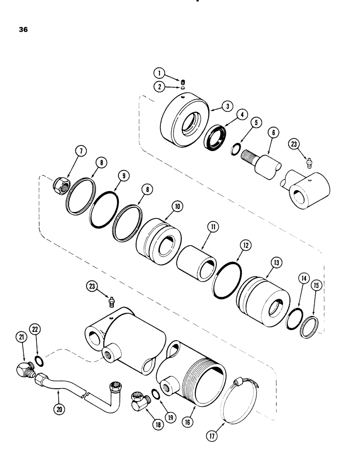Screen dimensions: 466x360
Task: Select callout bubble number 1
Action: click(159, 72)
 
